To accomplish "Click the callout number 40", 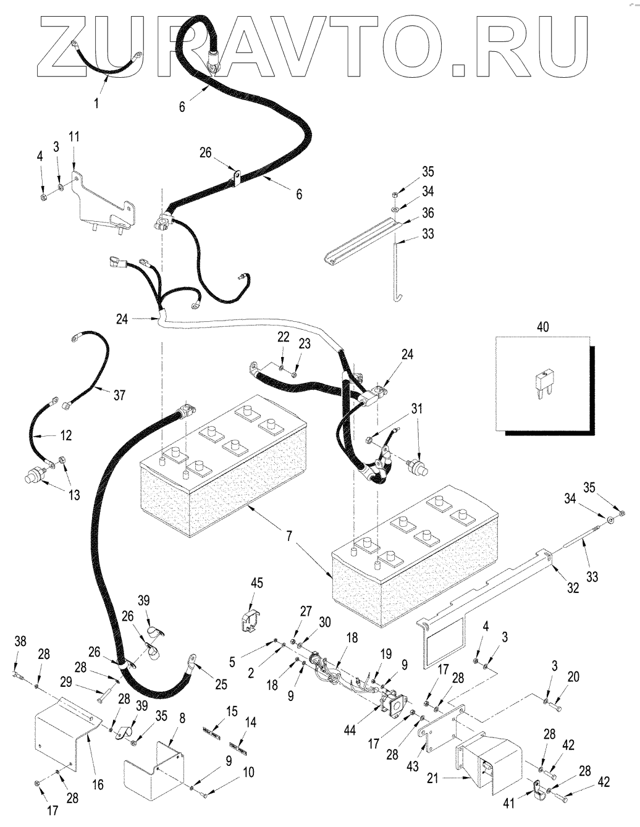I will [x=543, y=327].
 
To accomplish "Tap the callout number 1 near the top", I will [x=96, y=103].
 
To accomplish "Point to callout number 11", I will [x=74, y=137].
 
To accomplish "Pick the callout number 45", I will [x=257, y=582].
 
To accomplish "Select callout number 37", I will [x=119, y=395].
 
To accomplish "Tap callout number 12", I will [x=66, y=435].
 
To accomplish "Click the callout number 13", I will [x=74, y=495].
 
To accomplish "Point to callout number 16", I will [x=98, y=785].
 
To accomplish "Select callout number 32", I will [x=573, y=588].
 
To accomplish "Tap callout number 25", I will [x=221, y=684].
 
